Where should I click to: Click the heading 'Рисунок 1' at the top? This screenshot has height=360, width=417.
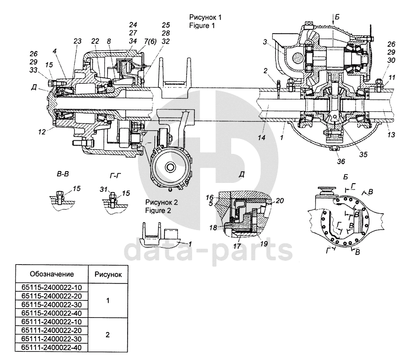click(205, 17)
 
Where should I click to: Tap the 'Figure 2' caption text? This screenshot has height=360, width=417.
click(158, 211)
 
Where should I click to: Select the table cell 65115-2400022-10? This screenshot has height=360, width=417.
click(52, 288)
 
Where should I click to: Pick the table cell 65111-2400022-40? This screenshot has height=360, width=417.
click(52, 347)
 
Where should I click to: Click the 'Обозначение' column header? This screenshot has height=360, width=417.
click(52, 274)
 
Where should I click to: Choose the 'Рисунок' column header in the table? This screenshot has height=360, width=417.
click(108, 275)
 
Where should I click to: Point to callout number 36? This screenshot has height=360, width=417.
click(341, 161)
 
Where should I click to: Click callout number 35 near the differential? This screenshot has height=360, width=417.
click(363, 155)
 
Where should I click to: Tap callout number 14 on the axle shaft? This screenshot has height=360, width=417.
click(261, 138)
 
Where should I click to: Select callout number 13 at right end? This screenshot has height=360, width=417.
click(391, 135)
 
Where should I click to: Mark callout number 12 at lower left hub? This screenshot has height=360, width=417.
click(42, 131)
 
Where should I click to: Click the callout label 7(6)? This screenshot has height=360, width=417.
click(150, 42)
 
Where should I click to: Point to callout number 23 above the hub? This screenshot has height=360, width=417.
click(78, 41)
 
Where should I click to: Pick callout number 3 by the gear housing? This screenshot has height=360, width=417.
click(265, 42)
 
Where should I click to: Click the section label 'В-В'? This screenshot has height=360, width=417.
click(63, 174)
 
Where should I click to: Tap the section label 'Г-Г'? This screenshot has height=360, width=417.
click(115, 176)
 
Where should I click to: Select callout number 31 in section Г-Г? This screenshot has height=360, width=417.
click(103, 189)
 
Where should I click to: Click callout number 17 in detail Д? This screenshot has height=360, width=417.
click(237, 246)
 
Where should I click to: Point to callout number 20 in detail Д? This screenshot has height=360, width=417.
click(280, 201)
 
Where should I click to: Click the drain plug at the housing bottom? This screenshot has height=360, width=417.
click(334, 148)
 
